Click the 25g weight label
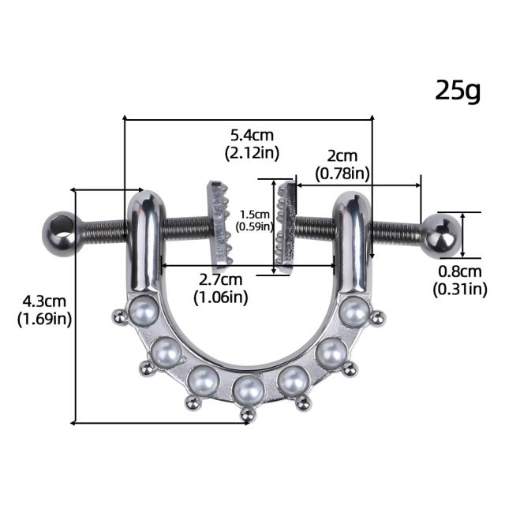point(458,92)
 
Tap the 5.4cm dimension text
point(252,135)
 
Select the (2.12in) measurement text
point(252,152)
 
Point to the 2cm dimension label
point(342,156)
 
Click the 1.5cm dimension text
point(254,215)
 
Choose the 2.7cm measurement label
point(220,279)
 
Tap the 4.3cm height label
point(44,301)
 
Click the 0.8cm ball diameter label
point(459,271)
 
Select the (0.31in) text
point(459,290)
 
